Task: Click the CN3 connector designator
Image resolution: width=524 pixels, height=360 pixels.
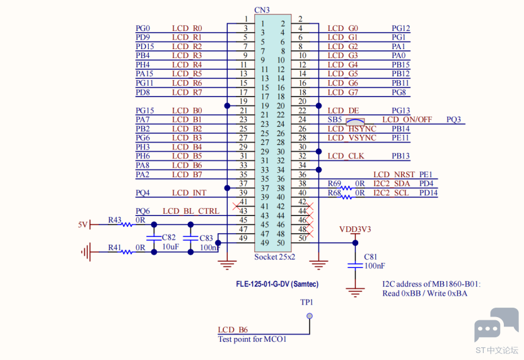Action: tap(262, 10)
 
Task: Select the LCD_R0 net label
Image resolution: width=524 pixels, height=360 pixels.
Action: tap(187, 28)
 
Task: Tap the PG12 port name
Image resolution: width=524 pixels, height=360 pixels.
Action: tap(400, 28)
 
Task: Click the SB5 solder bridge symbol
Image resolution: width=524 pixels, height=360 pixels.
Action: tap(355, 121)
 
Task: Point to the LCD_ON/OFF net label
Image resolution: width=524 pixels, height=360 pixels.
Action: tap(407, 120)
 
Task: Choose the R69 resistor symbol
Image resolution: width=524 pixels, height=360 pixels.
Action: tap(346, 188)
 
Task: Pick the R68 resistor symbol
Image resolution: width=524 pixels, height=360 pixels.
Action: tap(346, 197)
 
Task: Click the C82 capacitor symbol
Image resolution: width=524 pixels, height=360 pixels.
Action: tap(154, 238)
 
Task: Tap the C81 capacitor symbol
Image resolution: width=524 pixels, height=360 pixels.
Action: tap(355, 265)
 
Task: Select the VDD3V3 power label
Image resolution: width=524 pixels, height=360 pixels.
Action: tap(355, 229)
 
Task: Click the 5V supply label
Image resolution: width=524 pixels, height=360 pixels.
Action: tap(83, 224)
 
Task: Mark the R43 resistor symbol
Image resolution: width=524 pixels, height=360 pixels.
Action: tap(127, 224)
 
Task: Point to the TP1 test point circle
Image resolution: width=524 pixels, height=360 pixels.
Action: tap(310, 316)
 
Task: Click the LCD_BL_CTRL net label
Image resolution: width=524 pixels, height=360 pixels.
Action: tap(191, 211)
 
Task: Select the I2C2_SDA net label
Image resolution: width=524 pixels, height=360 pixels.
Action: tap(392, 183)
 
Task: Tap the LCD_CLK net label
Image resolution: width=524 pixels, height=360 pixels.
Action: tap(346, 156)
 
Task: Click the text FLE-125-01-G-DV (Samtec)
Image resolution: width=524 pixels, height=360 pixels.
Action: tap(277, 284)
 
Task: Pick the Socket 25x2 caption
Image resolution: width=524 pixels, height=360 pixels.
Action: tap(275, 257)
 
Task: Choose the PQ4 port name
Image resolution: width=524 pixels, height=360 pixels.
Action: tap(143, 193)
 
